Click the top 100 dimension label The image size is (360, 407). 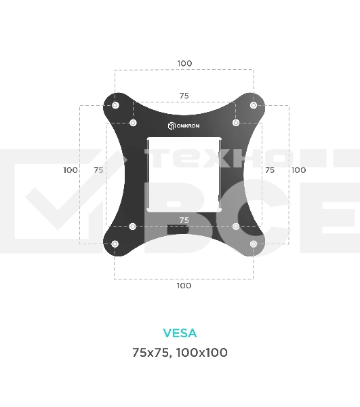point(184,63)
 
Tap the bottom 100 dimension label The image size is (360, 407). point(184,286)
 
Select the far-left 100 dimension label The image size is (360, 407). point(71,170)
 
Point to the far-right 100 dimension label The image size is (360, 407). point(298,170)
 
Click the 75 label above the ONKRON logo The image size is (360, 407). point(184,96)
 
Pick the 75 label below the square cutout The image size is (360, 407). point(184,220)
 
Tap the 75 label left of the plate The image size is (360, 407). point(98,170)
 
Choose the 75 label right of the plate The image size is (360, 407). point(270,170)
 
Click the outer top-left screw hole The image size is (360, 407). point(115,105)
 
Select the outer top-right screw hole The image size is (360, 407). point(254,105)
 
